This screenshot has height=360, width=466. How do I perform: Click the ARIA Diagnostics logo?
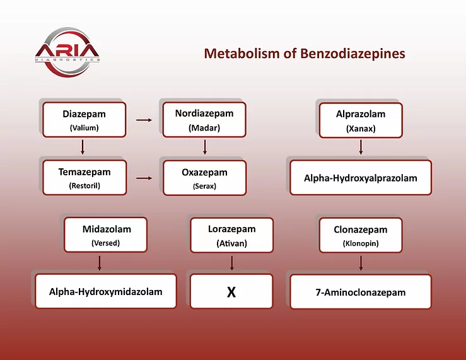pos(67,52)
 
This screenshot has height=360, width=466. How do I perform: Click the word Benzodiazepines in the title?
pos(352,54)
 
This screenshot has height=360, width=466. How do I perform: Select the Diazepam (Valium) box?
pos(84,120)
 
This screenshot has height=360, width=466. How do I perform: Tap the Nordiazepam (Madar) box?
pos(204,120)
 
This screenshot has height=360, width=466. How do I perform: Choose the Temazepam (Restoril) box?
pos(84,178)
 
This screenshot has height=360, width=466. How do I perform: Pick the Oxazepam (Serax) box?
pos(205,178)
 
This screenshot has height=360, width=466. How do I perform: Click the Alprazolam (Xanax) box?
pos(361,120)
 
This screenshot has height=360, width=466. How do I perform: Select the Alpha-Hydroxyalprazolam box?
pos(361,178)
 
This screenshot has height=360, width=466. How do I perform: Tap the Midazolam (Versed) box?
pos(105,235)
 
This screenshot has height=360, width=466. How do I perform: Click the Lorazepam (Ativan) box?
pos(232,235)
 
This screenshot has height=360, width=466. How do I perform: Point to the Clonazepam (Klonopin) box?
pos(361,235)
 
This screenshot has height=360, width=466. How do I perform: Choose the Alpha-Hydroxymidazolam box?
pos(106,291)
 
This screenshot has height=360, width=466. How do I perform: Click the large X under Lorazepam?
pos(231,293)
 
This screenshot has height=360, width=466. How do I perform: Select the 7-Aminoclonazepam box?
pos(361,292)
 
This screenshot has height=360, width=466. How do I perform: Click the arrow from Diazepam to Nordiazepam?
pos(144,120)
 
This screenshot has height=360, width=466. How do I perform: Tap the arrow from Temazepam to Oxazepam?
pos(144,178)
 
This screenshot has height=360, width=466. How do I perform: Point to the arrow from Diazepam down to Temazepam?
pos(83,147)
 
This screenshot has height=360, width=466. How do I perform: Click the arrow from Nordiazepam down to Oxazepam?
pos(205,147)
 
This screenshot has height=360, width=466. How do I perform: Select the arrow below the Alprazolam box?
pos(361,148)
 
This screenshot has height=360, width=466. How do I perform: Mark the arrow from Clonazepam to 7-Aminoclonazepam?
pos(361,263)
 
